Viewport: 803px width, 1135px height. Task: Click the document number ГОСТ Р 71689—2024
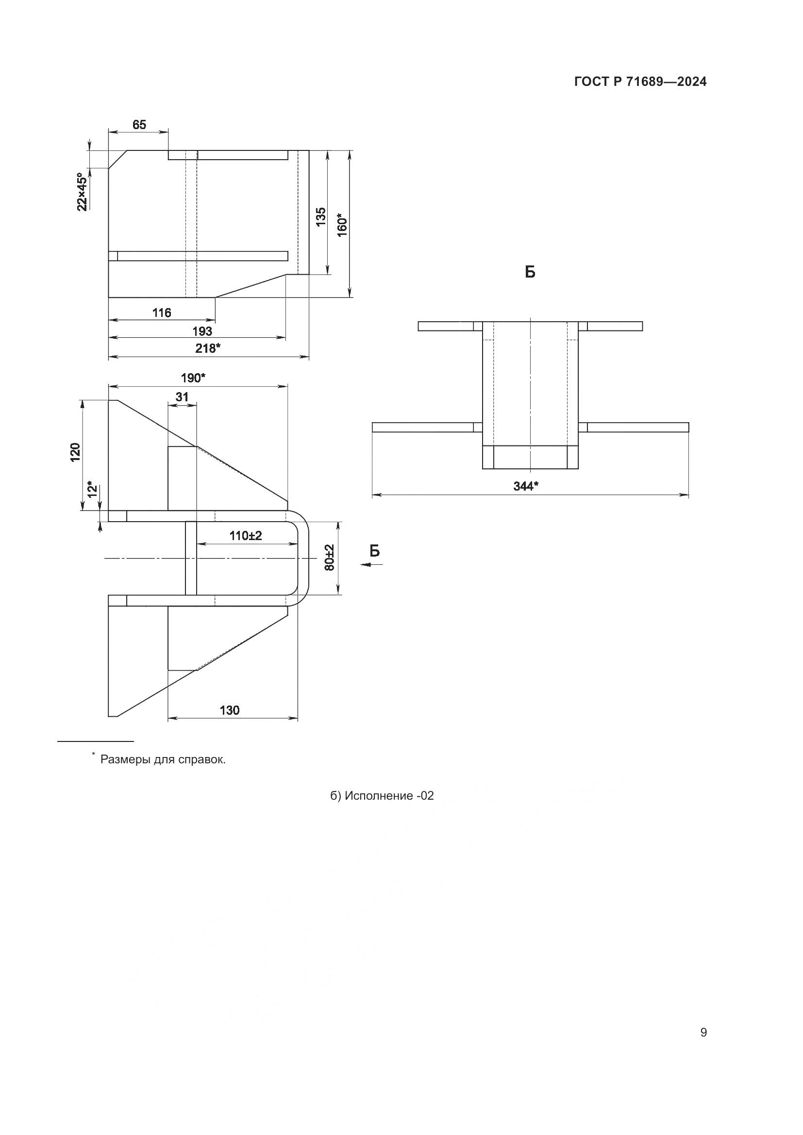pos(640,82)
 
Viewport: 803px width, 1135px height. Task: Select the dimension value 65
pos(139,125)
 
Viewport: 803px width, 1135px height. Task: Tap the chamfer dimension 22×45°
pos(83,192)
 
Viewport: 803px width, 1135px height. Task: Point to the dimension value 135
pos(321,216)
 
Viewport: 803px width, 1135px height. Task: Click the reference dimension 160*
pos(342,225)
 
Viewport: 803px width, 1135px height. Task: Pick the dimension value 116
pos(162,313)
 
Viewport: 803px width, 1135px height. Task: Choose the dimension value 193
pos(202,331)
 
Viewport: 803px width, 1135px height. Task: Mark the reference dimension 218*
pos(208,348)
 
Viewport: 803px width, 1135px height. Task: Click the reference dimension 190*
pos(193,378)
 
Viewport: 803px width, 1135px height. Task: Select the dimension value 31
pos(182,397)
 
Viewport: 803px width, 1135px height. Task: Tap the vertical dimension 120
pos(75,452)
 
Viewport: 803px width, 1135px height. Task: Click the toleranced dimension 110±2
pos(246,535)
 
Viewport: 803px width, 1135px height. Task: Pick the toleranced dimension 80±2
pos(330,558)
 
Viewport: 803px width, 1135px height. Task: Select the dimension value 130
pos(230,710)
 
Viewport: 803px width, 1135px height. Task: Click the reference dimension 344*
pos(526,486)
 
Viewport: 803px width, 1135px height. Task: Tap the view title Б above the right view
pos(530,272)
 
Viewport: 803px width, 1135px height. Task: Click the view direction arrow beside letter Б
pos(371,564)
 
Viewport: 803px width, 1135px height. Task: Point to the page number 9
pos(703,1033)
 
